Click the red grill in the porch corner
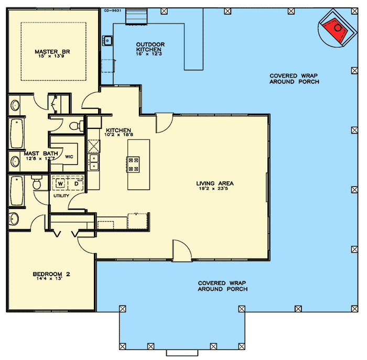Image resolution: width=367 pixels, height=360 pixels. pos(335,30)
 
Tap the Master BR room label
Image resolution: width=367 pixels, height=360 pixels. pos(52,52)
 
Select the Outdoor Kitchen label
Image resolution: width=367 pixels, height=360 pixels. pos(150,47)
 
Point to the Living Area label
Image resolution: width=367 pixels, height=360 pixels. pos(214,183)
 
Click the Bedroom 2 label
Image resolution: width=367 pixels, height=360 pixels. pos(51,274)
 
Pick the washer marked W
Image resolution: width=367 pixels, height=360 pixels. pos(60,183)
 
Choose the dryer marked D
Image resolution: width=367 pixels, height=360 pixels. pos(77,183)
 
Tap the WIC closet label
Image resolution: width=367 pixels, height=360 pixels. pos(69,157)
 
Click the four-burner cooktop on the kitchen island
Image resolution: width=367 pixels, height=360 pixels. pos(133,165)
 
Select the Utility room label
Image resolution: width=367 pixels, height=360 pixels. pos(61,196)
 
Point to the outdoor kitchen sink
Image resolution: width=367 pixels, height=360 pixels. pos(107,41)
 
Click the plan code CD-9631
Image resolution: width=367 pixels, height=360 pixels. pos(112,10)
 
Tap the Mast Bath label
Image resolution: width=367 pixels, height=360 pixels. pos(41,154)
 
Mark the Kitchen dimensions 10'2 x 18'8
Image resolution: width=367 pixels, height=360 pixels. pos(118,135)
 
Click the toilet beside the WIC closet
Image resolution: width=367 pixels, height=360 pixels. pos(77,126)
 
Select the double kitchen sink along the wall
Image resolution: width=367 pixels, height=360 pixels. pos(94,162)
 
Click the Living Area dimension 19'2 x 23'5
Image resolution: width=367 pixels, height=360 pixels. pos(213,189)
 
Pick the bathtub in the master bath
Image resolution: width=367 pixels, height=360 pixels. pos(17,133)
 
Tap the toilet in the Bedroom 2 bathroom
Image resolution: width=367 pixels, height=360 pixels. pos(37,182)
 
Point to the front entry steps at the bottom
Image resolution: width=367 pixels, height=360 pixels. pos(182,353)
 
